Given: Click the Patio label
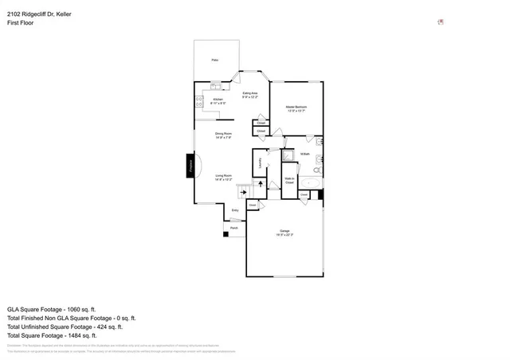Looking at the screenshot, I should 214,61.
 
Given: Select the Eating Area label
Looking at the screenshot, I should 249,96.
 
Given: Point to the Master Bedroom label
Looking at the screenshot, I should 297,108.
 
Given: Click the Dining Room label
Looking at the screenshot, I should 223,135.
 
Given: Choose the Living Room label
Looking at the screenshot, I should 223,178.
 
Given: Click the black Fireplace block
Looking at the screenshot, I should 190,166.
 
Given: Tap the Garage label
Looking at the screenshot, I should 284,233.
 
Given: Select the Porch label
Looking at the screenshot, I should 234,228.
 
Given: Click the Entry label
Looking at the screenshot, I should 234,210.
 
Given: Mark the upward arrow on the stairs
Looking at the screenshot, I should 259,185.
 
